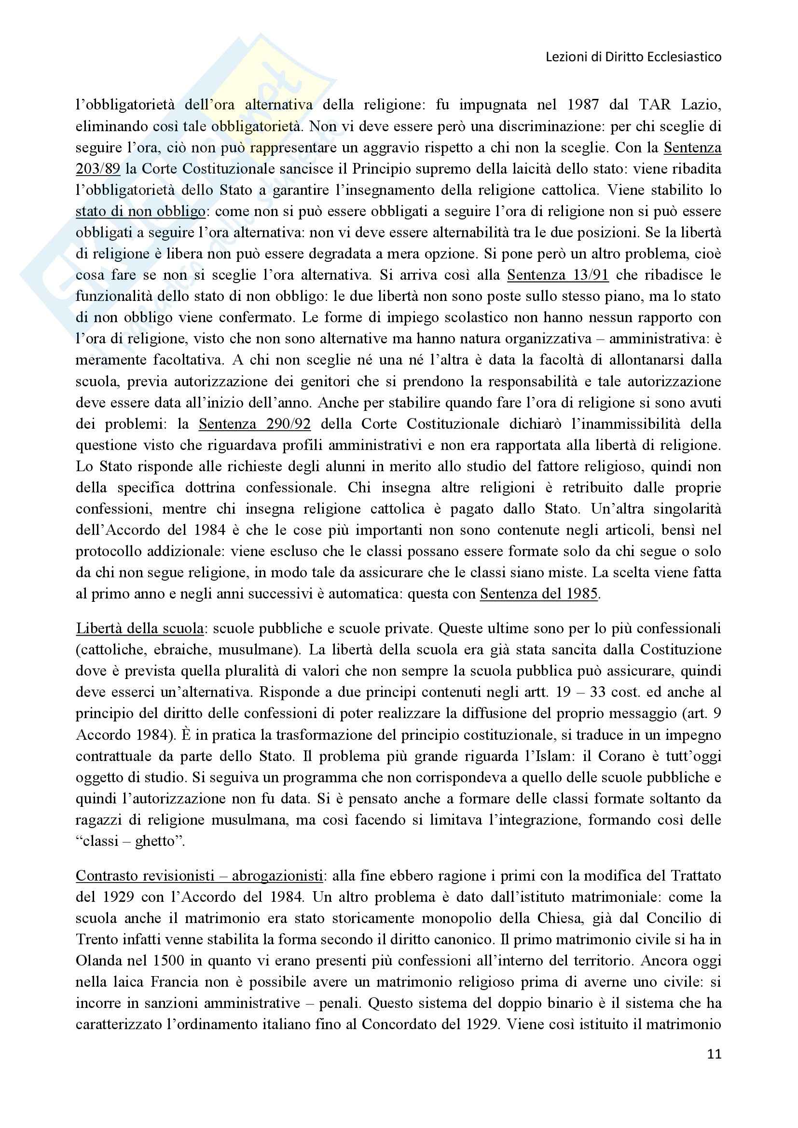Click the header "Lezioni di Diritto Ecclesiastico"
[633, 57]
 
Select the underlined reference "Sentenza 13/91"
[558, 275]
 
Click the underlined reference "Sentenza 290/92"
[255, 424]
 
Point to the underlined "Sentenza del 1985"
[538, 594]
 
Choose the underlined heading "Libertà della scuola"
[139, 628]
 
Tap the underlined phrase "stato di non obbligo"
[140, 212]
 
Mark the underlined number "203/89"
[98, 169]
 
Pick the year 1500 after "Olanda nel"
[170, 961]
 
